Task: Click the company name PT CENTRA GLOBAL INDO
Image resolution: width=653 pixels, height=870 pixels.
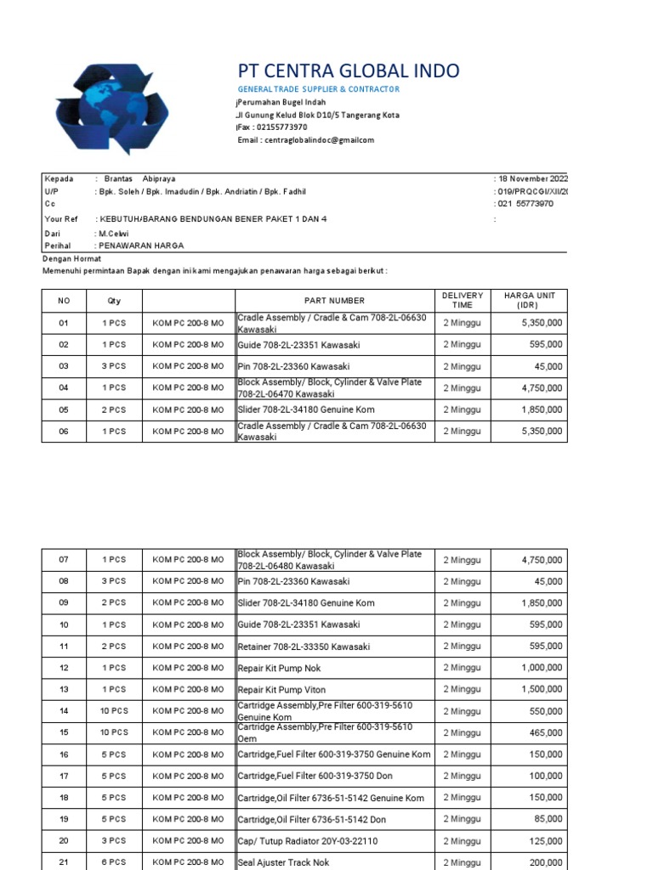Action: [348, 71]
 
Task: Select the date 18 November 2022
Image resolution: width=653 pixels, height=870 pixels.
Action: [532, 179]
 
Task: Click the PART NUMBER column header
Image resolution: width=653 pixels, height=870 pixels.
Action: [335, 301]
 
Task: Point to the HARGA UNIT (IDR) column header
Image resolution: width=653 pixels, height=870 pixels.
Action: [529, 300]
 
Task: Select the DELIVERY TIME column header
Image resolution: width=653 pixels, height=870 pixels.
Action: [462, 300]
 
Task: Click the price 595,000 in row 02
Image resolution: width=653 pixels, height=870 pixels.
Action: [544, 345]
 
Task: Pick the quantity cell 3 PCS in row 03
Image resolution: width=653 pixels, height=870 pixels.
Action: [114, 366]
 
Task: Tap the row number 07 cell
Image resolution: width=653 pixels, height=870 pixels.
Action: [64, 560]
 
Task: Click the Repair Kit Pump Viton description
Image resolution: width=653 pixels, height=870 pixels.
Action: [281, 690]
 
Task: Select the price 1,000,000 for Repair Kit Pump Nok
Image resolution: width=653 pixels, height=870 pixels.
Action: [541, 669]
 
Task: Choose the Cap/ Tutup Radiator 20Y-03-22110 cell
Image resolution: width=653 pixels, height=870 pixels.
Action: [295, 841]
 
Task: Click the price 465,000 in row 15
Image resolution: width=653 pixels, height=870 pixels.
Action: [544, 733]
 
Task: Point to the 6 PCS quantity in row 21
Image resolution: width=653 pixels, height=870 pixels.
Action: [114, 862]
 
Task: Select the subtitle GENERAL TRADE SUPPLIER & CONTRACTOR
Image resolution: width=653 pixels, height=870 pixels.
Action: [318, 89]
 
